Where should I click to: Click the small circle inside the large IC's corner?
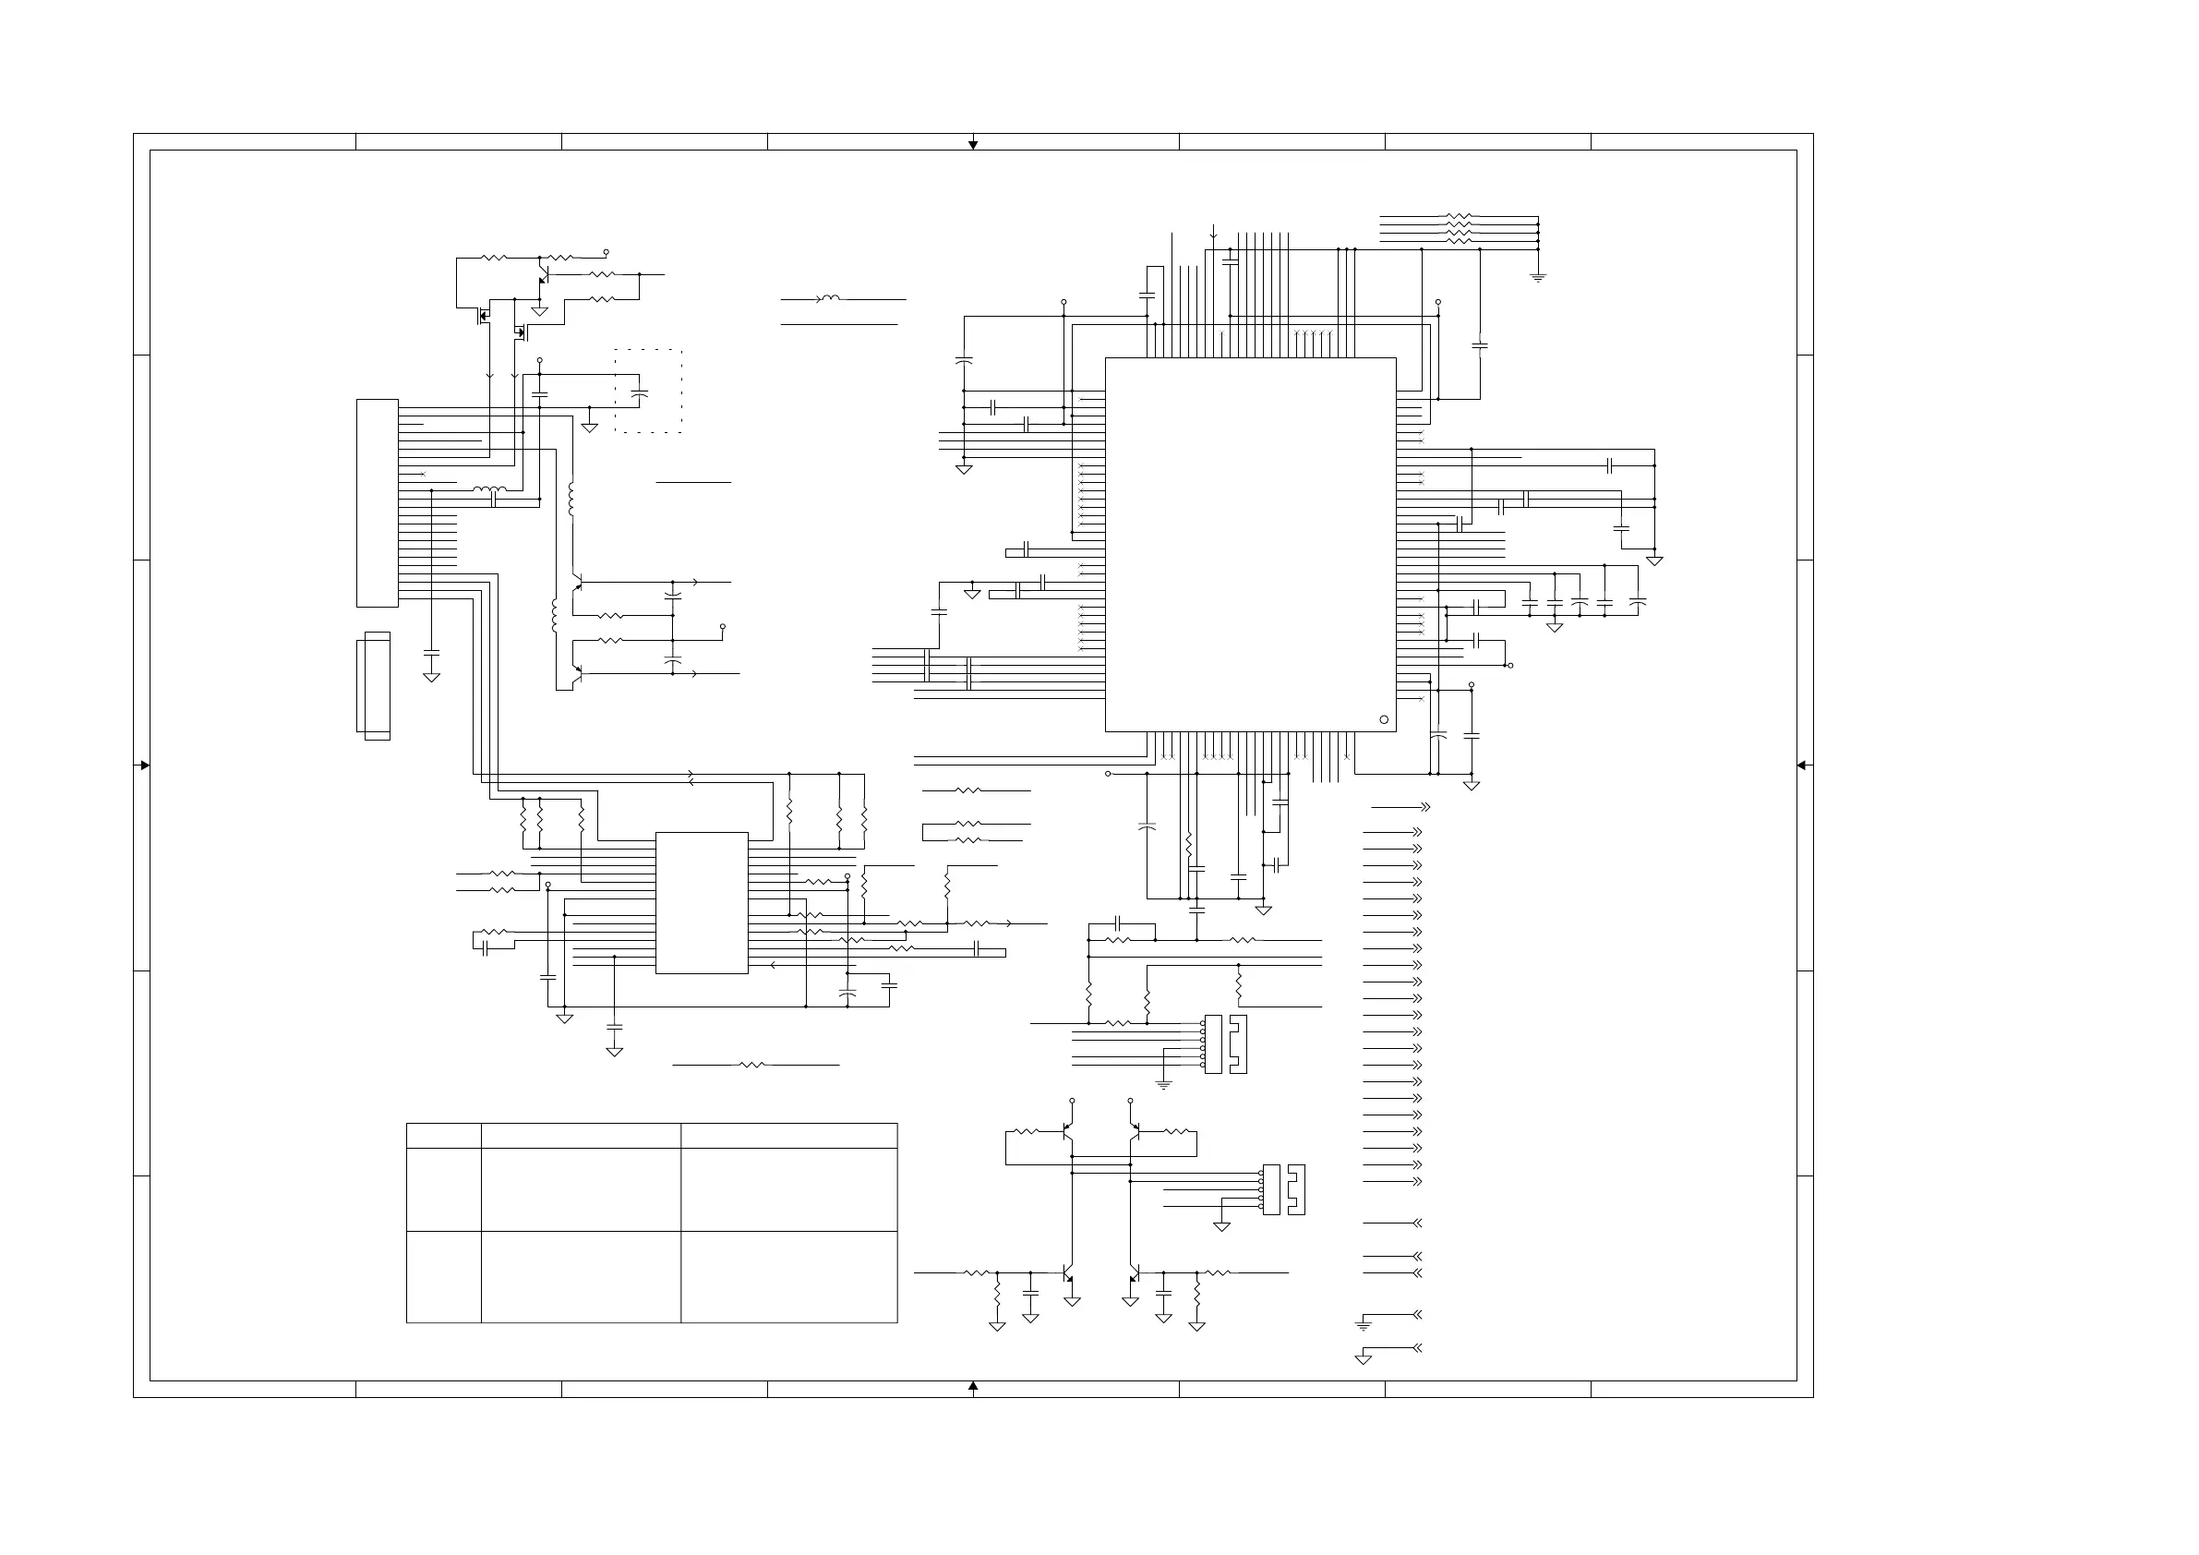(x=1383, y=719)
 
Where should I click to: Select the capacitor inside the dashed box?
(x=641, y=392)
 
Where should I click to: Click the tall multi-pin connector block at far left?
(x=378, y=503)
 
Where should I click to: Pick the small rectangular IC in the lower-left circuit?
(x=701, y=902)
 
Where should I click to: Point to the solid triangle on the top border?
(x=973, y=145)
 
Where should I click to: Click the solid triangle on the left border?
(x=144, y=765)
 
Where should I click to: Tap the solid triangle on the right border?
(x=1801, y=765)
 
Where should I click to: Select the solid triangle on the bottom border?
(x=973, y=1385)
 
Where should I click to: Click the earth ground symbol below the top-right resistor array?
(x=1538, y=277)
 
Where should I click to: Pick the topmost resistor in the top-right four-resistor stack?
(x=1458, y=216)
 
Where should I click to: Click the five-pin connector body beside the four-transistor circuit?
(x=1271, y=1189)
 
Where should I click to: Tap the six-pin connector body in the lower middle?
(x=1212, y=1043)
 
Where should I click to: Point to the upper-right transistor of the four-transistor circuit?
(x=1134, y=1132)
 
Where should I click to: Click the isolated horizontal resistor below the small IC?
(x=752, y=1065)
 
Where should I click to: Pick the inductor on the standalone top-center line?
(x=830, y=299)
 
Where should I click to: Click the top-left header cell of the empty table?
(x=443, y=1136)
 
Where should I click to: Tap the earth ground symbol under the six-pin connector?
(x=1164, y=1085)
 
